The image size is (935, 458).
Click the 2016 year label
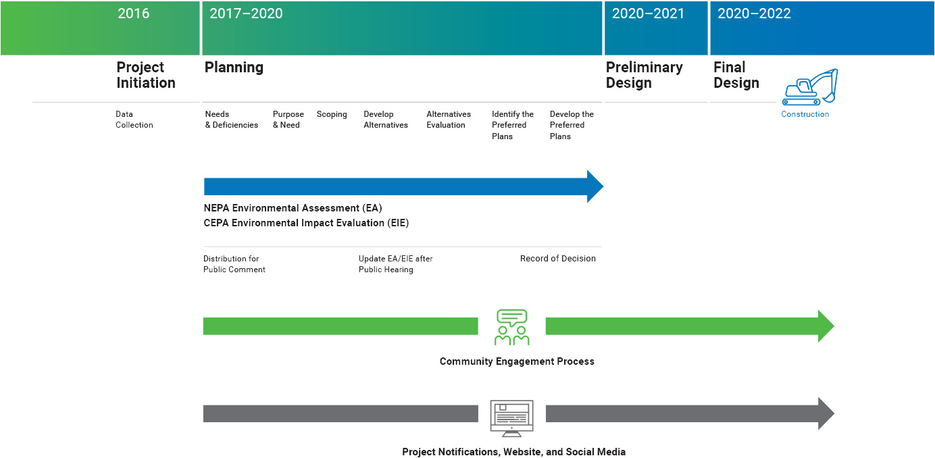pyautogui.click(x=133, y=14)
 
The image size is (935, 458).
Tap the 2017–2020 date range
pyautogui.click(x=246, y=14)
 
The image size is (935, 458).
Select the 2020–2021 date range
pyautogui.click(x=648, y=14)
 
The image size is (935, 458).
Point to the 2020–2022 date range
pyautogui.click(x=754, y=14)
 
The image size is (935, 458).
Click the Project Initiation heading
pyautogui.click(x=146, y=75)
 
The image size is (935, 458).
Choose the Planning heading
pyautogui.click(x=234, y=68)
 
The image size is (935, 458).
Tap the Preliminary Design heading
pyautogui.click(x=644, y=75)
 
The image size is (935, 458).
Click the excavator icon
pyautogui.click(x=810, y=87)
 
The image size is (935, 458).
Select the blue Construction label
pyautogui.click(x=805, y=114)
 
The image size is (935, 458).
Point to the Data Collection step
pyautogui.click(x=134, y=120)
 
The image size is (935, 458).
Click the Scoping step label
pyautogui.click(x=332, y=114)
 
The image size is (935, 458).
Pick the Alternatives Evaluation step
pyautogui.click(x=449, y=120)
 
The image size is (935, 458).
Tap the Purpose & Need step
pyautogui.click(x=288, y=120)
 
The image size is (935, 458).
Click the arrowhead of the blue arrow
pyautogui.click(x=595, y=186)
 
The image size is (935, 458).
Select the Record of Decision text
pyautogui.click(x=557, y=259)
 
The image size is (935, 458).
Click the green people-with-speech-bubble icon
pyautogui.click(x=511, y=328)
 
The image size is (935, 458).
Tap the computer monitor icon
pyautogui.click(x=511, y=418)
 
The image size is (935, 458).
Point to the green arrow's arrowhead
pyautogui.click(x=826, y=326)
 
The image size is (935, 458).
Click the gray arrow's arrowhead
pyautogui.click(x=826, y=413)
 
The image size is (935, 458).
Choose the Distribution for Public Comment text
pyautogui.click(x=234, y=264)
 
